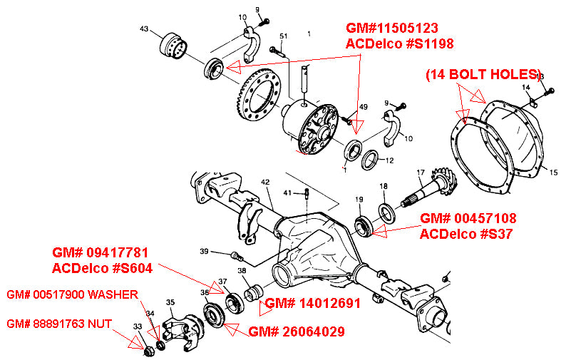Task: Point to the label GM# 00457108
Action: (x=468, y=218)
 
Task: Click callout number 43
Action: (x=144, y=29)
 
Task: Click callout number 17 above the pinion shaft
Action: (x=421, y=172)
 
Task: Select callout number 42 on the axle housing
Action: (x=265, y=182)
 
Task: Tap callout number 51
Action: (x=283, y=36)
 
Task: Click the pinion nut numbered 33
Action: (x=148, y=350)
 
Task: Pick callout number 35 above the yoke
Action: (x=170, y=303)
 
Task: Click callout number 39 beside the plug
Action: (x=204, y=251)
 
